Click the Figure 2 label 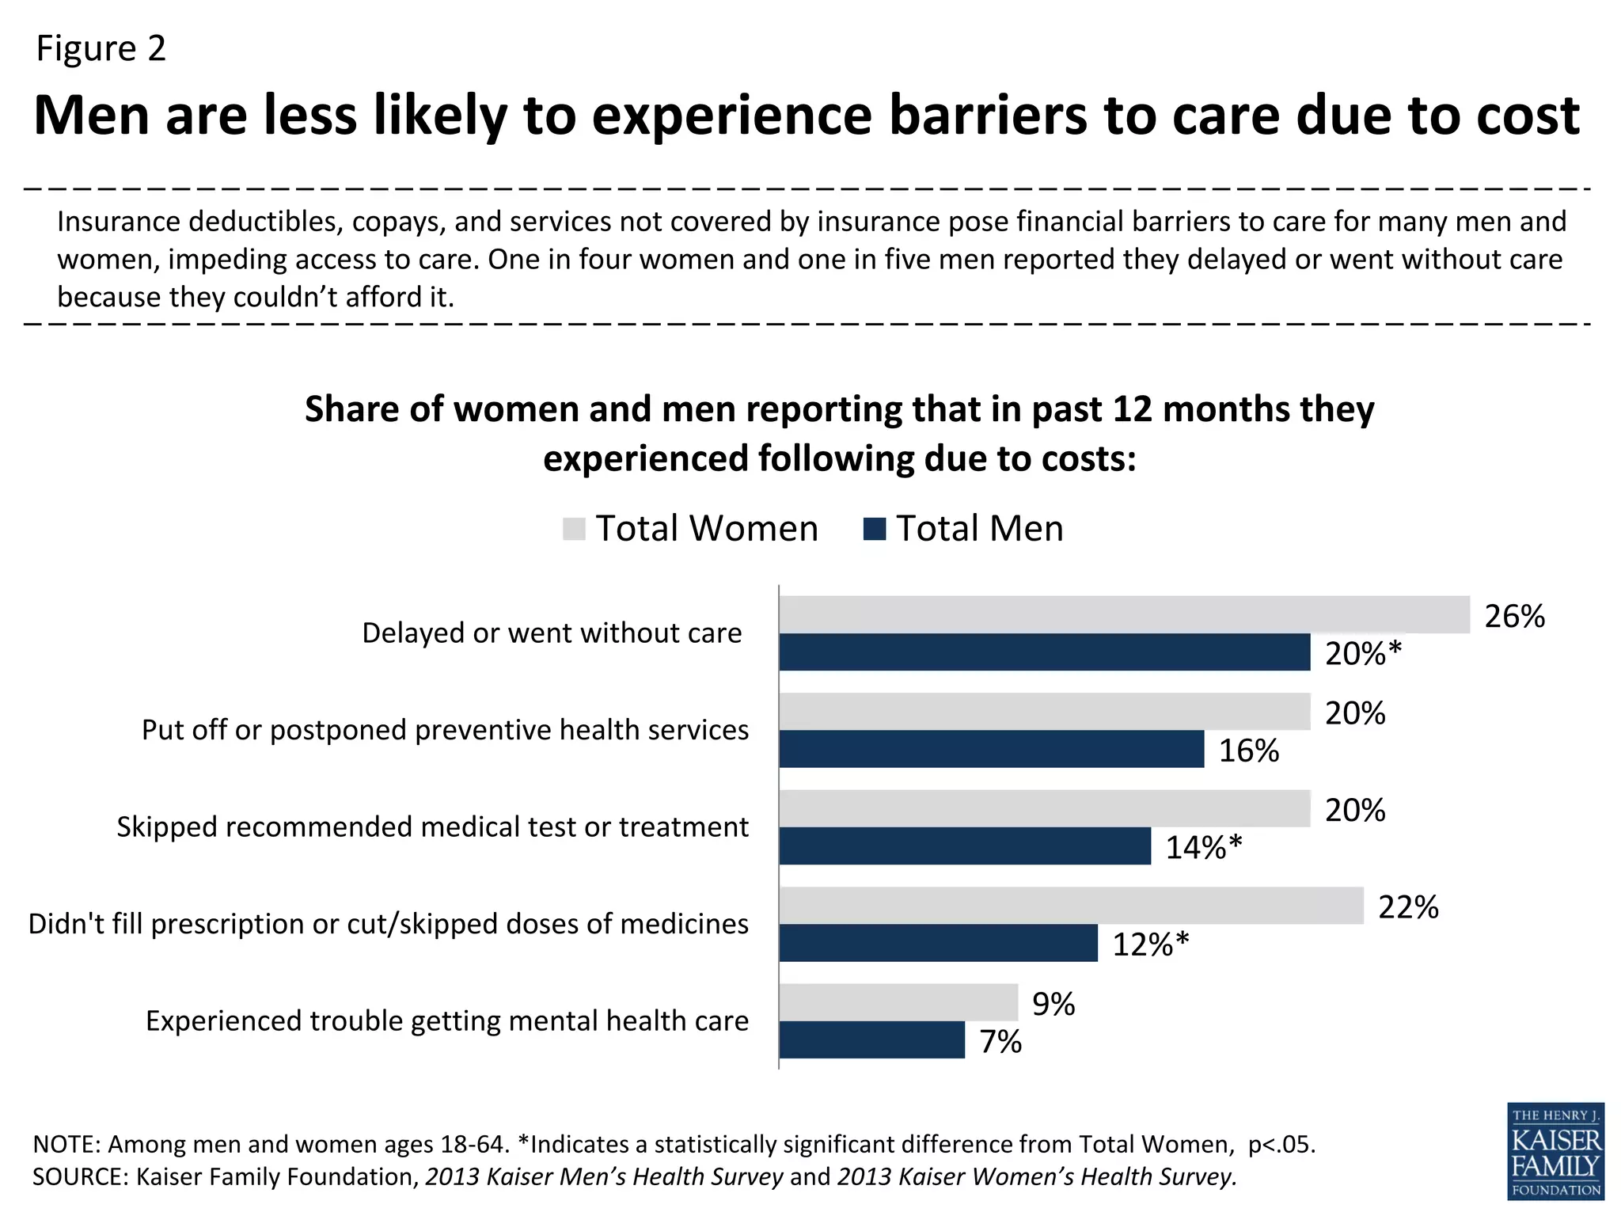(101, 48)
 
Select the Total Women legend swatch (573, 529)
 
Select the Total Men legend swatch (874, 529)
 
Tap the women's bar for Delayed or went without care (1124, 614)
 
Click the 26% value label (1514, 617)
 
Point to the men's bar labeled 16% (991, 749)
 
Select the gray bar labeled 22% (1071, 906)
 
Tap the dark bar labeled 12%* (938, 943)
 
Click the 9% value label (1053, 1005)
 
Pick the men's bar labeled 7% (871, 1039)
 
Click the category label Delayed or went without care (552, 633)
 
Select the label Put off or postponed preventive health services (445, 730)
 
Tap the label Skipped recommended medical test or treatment (432, 827)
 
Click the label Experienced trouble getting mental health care (447, 1021)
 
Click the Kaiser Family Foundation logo (1555, 1150)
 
